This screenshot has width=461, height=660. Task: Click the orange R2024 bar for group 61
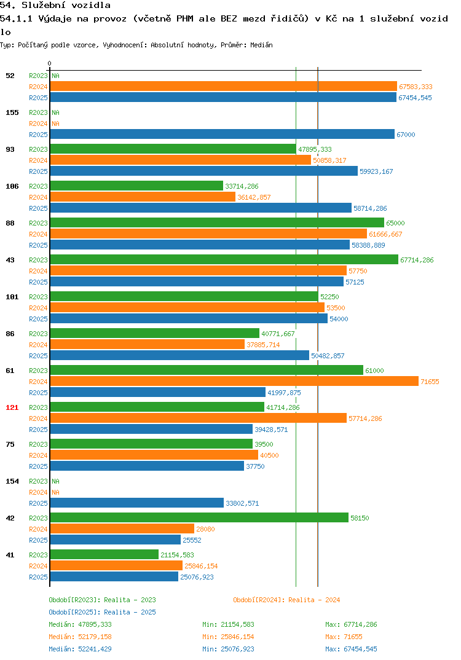tap(234, 382)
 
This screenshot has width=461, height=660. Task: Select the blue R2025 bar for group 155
tap(223, 134)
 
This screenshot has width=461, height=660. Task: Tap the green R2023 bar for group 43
tap(224, 260)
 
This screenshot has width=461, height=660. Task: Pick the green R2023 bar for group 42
tap(199, 517)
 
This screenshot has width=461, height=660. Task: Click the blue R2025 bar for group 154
tap(137, 503)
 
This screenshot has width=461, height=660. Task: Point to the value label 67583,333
tap(416, 87)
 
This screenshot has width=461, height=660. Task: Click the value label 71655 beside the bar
tap(430, 382)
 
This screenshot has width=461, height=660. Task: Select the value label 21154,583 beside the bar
tap(177, 555)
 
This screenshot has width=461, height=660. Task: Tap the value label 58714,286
tap(370, 208)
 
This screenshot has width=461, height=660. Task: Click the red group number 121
tap(12, 407)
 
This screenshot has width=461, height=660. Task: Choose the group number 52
tap(10, 76)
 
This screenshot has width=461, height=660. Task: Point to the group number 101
tap(12, 297)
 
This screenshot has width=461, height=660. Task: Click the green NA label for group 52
tap(55, 76)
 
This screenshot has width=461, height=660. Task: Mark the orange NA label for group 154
tap(55, 492)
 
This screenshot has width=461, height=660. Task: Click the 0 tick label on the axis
tap(50, 63)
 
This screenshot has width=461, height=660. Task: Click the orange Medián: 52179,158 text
tap(80, 637)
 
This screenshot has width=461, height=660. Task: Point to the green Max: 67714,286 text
tap(351, 624)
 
